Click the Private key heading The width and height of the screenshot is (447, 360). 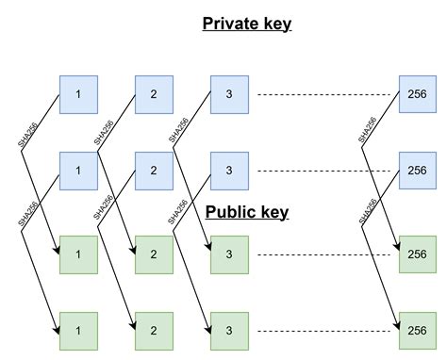pos(247,24)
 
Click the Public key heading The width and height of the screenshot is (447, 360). pos(247,213)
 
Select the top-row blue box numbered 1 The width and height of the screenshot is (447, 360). pos(78,95)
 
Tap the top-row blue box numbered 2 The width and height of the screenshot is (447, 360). pos(154,95)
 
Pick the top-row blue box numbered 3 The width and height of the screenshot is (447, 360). pos(228,95)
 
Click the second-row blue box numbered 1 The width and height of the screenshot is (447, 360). pos(78,171)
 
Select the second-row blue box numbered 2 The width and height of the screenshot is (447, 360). pos(154,171)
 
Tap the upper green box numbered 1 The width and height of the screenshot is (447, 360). pos(78,254)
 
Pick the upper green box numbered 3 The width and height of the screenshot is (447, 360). pos(228,254)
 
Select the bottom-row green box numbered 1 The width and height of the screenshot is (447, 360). pos(78,330)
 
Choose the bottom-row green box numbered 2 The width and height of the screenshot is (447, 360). pos(154,330)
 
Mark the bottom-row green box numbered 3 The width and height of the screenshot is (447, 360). pos(228,330)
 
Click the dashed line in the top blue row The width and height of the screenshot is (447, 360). pos(325,95)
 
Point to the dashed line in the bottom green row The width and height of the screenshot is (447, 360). pos(325,330)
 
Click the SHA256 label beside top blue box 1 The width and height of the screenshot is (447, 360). pos(27,130)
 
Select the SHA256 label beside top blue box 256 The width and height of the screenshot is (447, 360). pos(367,130)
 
